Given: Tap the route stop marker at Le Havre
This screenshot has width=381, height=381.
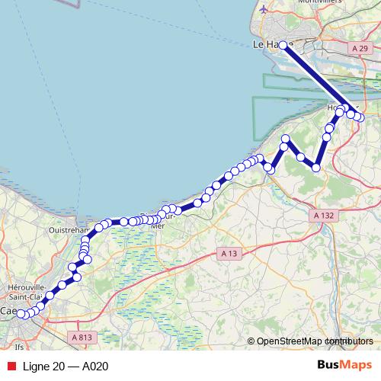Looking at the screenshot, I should tap(283, 45).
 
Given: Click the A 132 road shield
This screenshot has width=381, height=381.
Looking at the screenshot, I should tap(324, 216).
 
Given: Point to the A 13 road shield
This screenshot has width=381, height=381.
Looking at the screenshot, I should tap(227, 253).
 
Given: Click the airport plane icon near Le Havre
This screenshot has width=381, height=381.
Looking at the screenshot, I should tap(264, 10).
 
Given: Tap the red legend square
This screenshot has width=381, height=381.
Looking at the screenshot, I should tap(11, 367).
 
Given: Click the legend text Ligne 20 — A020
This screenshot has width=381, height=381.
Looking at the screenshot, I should tap(66, 367).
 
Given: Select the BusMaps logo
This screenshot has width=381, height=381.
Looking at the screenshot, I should tap(344, 366).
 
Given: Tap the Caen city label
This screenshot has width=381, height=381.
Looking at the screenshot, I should tap(10, 312).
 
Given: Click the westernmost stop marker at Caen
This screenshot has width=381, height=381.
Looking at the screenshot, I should tap(23, 314).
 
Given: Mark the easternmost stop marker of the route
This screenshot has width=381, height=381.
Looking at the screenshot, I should tap(360, 117).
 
